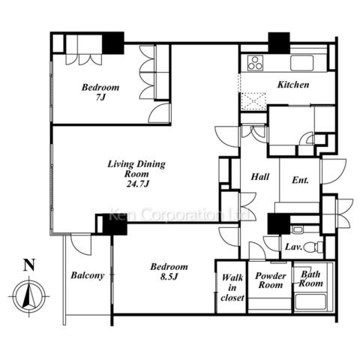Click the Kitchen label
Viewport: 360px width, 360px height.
pos(293,85)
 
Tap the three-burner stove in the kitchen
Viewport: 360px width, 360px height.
pos(255,63)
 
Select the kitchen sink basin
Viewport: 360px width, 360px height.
pos(301,63)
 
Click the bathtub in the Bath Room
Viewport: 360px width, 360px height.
pos(310,302)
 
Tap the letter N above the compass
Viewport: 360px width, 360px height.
pos(29,265)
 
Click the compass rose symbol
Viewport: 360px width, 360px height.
pos(29,296)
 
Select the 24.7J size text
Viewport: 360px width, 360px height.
pos(138,184)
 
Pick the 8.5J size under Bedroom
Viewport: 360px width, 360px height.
pos(169,277)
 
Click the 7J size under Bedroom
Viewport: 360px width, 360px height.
pos(100,97)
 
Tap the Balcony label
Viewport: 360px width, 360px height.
pos(88,275)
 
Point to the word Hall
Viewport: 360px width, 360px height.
pos(260,177)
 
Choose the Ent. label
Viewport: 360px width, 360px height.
pos(300,180)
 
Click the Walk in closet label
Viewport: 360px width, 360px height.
pos(232,287)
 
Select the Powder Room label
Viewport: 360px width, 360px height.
pos(271,280)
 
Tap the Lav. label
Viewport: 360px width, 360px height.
pos(294,247)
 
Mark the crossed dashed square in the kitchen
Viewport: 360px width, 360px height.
pos(253,101)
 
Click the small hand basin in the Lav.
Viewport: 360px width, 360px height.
pos(297,229)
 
